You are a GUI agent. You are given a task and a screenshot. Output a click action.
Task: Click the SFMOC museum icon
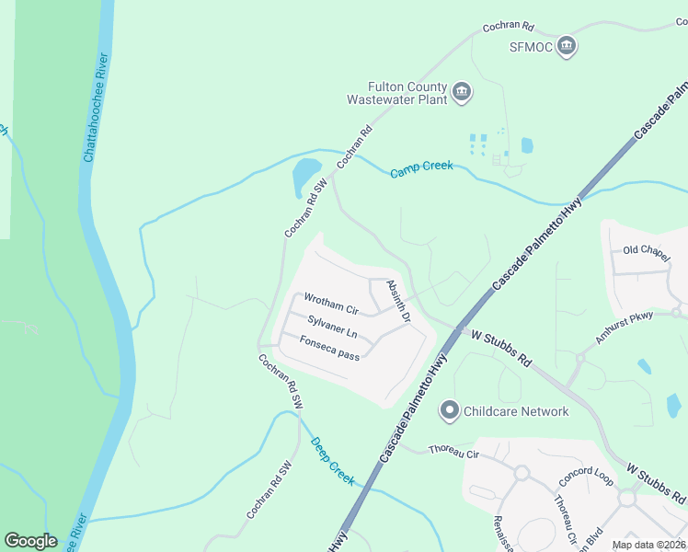(566, 46)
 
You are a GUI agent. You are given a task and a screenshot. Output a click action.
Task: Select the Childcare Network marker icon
(450, 411)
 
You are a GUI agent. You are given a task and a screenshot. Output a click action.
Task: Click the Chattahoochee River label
(97, 107)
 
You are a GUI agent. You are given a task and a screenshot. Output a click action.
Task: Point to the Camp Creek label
(421, 169)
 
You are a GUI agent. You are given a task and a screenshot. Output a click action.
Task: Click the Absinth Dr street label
(397, 301)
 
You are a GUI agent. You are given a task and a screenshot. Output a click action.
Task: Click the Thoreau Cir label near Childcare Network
(454, 453)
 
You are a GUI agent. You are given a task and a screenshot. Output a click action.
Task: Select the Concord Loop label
(586, 480)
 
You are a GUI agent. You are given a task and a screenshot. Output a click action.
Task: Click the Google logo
(30, 541)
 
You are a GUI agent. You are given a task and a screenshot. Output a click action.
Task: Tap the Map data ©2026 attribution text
(648, 545)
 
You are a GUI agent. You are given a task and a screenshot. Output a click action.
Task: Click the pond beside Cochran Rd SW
(305, 174)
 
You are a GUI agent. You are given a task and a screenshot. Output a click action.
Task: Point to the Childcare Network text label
(516, 411)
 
